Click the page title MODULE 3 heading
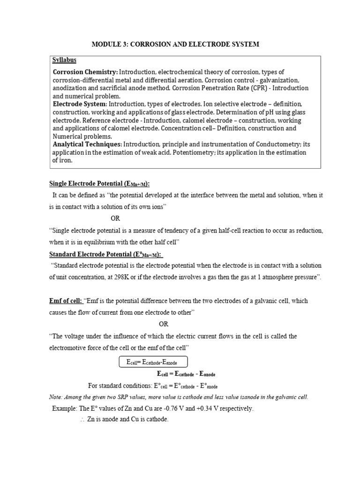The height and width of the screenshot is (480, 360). pyautogui.click(x=175, y=44)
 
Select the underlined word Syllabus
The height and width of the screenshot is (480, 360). pyautogui.click(x=65, y=60)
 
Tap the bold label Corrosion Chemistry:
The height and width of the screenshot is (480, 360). pyautogui.click(x=85, y=72)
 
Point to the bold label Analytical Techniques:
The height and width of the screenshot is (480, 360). pyautogui.click(x=88, y=144)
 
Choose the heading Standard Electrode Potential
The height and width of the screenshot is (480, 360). pyautogui.click(x=105, y=254)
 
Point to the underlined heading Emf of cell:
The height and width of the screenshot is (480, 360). pyautogui.click(x=66, y=300)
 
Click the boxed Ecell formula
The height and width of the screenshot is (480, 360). pyautogui.click(x=152, y=362)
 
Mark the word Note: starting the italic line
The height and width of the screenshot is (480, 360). pyautogui.click(x=56, y=397)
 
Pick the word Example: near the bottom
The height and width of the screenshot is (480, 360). pyautogui.click(x=66, y=408)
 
